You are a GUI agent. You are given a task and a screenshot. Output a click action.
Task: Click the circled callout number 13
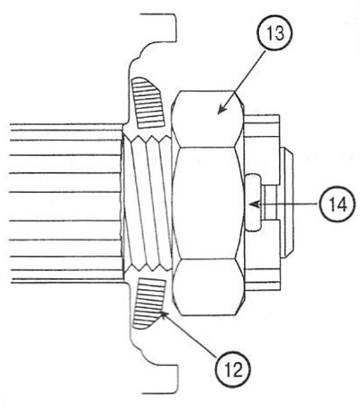coord(275,33)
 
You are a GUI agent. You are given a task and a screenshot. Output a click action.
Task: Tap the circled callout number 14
coord(337,204)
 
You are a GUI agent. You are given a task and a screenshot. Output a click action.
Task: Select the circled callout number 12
coord(233,368)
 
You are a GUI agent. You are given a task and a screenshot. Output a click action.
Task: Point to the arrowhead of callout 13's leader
coord(220,110)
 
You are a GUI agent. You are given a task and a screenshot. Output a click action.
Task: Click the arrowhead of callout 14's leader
coord(254,204)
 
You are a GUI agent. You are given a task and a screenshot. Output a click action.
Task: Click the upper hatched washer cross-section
coord(148,103)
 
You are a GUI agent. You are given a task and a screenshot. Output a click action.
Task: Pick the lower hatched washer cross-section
coord(148,303)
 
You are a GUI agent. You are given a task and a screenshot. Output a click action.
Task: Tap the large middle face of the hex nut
coord(208,203)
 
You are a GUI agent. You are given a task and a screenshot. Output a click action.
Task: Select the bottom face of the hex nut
coord(208,287)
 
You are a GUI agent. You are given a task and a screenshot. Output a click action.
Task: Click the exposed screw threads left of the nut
coord(148,203)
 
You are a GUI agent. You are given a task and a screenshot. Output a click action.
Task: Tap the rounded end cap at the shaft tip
coord(286,203)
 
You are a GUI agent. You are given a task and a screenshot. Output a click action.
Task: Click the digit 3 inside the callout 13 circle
coord(280,34)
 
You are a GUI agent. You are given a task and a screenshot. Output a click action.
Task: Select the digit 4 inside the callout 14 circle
coord(342,204)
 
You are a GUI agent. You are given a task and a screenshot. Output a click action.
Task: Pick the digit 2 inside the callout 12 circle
coord(237,369)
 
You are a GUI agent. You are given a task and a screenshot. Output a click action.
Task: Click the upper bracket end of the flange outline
coord(159,27)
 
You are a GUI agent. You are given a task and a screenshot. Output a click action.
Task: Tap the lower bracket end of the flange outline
coord(160,379)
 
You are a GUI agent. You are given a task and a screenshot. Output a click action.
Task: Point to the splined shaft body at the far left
coord(66,203)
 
